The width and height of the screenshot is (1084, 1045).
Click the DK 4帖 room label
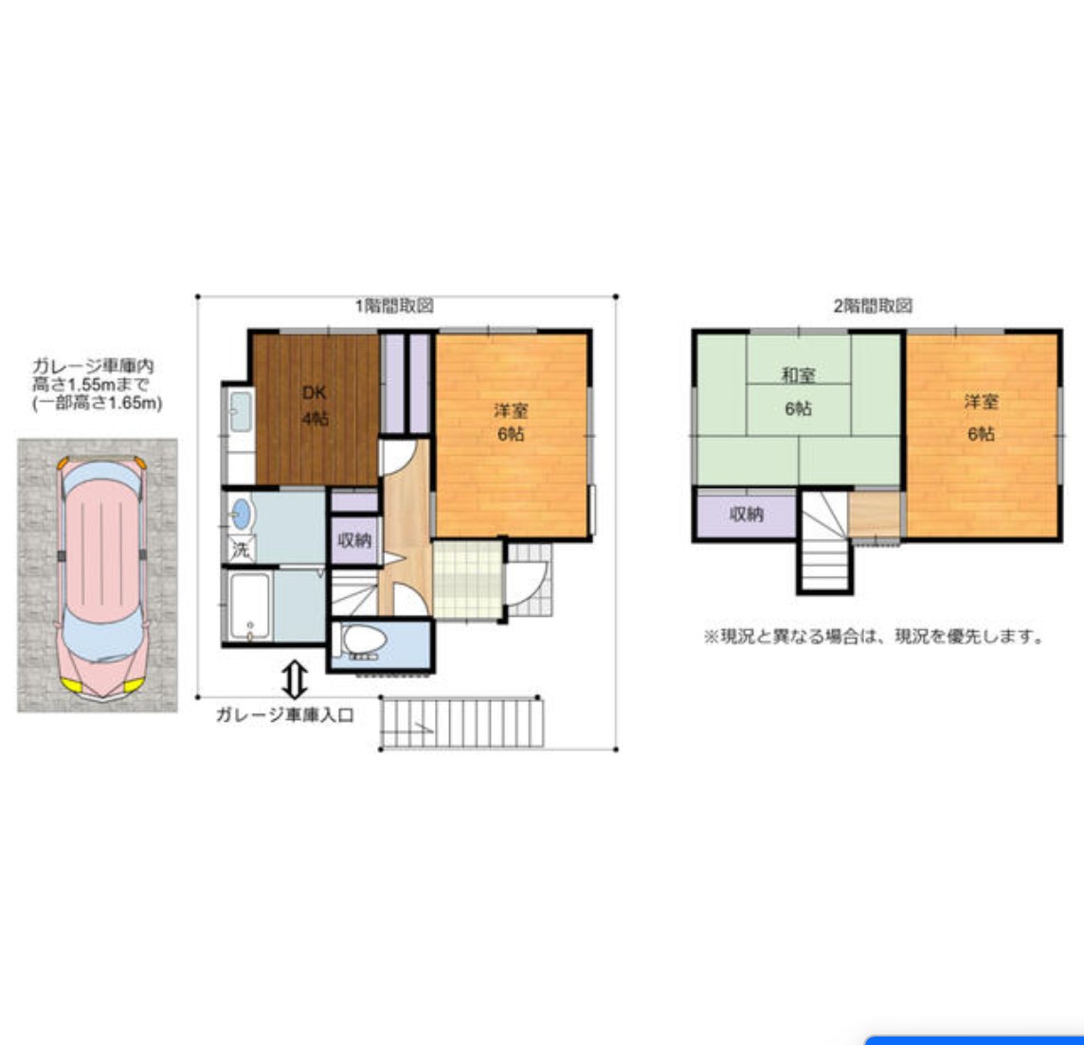315,405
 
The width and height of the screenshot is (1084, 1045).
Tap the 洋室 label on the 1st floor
511,410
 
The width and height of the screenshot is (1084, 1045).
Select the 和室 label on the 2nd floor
799,375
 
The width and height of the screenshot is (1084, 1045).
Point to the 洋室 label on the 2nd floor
981,402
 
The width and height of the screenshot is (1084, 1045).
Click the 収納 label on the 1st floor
354,540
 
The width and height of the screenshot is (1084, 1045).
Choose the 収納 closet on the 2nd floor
747,514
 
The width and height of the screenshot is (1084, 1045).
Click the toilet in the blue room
363,640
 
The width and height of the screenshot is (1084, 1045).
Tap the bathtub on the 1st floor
249,606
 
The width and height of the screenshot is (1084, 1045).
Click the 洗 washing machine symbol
242,550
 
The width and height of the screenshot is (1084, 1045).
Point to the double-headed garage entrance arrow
296,678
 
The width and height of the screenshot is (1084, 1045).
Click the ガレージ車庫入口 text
285,714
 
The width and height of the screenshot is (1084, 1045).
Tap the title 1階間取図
395,305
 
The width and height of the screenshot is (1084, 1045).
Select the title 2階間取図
873,305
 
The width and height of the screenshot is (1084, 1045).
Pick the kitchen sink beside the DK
241,412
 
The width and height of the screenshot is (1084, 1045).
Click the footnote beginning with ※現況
874,637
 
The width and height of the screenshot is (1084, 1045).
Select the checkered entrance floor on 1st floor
467,579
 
